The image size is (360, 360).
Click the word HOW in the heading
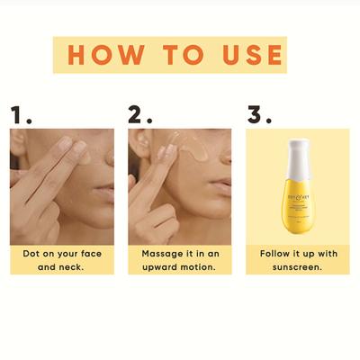coord(108,55)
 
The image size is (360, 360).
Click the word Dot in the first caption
coord(31,255)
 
